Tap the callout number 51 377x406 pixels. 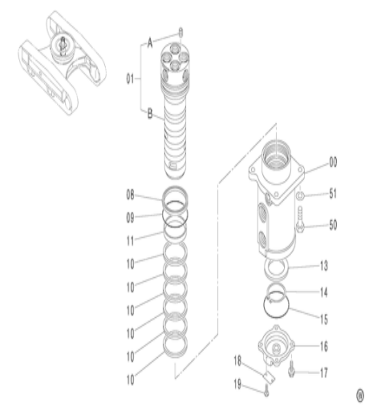tap(332, 194)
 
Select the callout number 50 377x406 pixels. tap(332, 225)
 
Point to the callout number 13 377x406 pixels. tap(322, 265)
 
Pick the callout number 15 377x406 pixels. tap(322, 318)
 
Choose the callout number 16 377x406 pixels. tap(322, 346)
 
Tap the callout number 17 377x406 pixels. tap(322, 372)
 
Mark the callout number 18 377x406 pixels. tap(237, 360)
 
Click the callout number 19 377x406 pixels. tap(237, 384)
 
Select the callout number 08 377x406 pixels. tap(131, 195)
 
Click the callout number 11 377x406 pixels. tap(131, 238)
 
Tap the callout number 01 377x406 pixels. tap(130, 78)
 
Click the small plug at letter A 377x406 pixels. tap(180, 33)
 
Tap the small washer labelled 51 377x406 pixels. tap(298, 195)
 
